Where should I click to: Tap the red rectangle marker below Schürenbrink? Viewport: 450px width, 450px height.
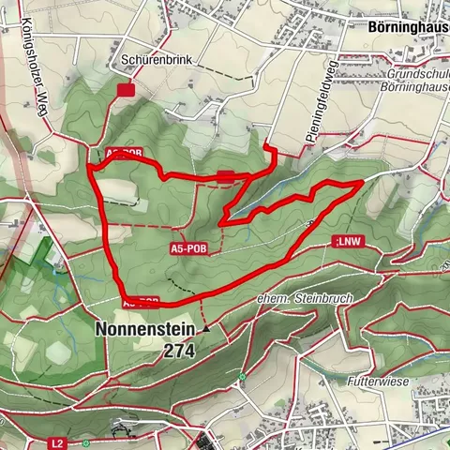[x=126, y=89]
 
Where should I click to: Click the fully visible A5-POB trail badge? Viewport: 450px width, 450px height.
[x=188, y=248]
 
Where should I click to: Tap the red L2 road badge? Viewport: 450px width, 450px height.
[x=58, y=442]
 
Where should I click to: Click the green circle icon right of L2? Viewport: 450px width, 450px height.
[x=85, y=442]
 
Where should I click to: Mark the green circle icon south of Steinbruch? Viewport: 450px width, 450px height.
[x=241, y=378]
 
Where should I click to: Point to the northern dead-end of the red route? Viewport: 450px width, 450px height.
[x=265, y=146]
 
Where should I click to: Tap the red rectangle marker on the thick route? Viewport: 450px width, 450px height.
[x=226, y=175]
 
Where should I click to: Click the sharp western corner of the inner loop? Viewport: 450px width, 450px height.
[x=220, y=222]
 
